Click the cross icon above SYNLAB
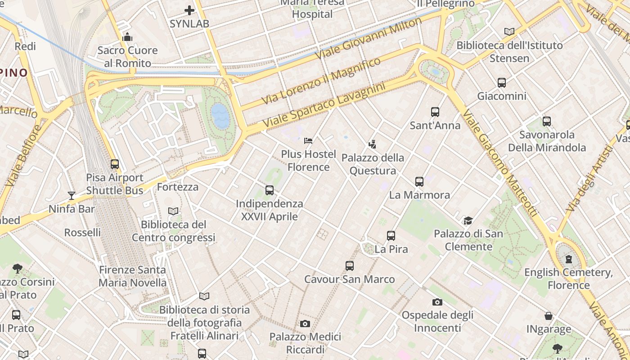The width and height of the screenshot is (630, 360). click(189, 10)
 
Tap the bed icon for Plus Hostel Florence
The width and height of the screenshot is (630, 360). click(308, 141)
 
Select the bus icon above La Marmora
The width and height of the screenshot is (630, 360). click(419, 182)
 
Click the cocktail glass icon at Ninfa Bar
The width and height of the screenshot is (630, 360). click(72, 195)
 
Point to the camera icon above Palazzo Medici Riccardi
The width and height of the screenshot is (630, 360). click(305, 324)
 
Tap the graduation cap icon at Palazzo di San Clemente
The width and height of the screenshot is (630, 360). click(468, 220)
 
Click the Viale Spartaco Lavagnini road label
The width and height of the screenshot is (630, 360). click(324, 104)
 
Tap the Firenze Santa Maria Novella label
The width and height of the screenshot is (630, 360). click(132, 276)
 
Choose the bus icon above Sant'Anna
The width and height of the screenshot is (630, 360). click(435, 112)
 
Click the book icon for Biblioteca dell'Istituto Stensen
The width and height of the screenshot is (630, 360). click(509, 31)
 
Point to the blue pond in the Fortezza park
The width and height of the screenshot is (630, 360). click(220, 116)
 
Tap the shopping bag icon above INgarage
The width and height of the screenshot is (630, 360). click(549, 316)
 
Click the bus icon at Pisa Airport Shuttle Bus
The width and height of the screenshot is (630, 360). click(115, 164)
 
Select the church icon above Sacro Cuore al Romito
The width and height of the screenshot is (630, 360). click(127, 37)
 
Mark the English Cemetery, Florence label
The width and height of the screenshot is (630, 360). click(568, 279)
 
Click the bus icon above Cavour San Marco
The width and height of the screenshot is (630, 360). click(350, 266)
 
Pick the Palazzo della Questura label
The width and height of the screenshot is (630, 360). click(373, 164)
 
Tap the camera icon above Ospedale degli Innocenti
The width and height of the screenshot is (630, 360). click(437, 302)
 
